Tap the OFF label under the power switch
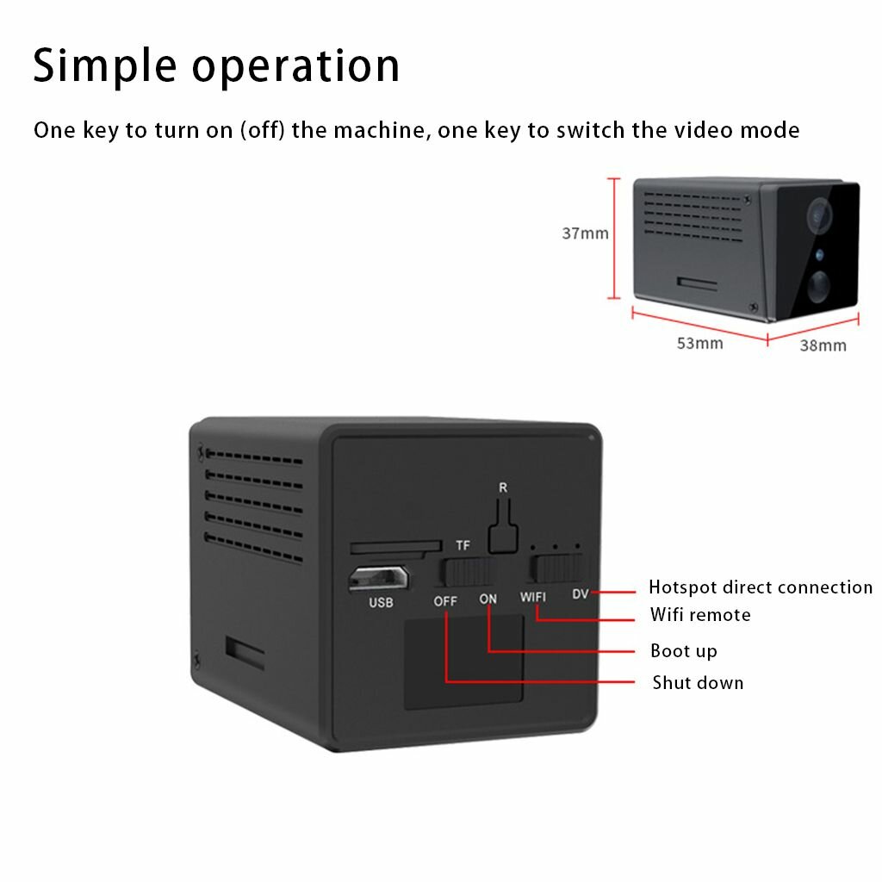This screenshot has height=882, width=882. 445,601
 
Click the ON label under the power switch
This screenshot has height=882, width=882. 488,599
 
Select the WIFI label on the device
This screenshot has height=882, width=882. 533,596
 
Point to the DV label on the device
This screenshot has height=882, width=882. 580,593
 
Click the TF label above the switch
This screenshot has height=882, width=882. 463,546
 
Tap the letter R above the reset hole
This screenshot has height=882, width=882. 503,488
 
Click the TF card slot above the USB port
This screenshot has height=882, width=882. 392,547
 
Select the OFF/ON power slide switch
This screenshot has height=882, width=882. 469,572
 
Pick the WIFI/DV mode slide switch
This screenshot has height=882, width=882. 556,568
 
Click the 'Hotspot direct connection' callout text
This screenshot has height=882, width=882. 761,587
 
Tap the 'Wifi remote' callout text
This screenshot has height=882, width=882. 699,615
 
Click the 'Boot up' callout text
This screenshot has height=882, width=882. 683,651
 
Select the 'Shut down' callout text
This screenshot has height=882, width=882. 698,683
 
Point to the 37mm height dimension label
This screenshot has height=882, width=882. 585,233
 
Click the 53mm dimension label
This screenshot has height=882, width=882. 699,344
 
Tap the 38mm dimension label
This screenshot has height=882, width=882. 823,346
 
